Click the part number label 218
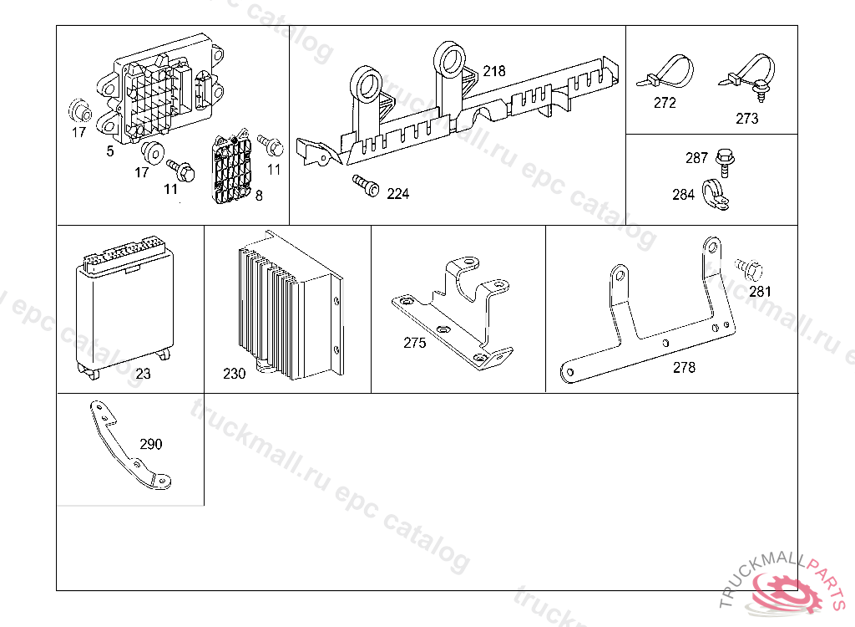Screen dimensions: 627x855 [x=494, y=71]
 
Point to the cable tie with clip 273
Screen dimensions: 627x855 [x=746, y=77]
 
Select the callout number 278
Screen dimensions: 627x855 [x=684, y=367]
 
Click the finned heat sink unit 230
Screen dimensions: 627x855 [x=289, y=308]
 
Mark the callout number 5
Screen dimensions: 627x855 [x=110, y=151]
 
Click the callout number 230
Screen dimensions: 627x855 [x=235, y=374]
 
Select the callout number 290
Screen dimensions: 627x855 [x=151, y=444]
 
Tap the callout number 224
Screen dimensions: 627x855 [x=398, y=194]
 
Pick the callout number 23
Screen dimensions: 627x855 [x=144, y=374]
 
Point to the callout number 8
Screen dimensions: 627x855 [x=259, y=196]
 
